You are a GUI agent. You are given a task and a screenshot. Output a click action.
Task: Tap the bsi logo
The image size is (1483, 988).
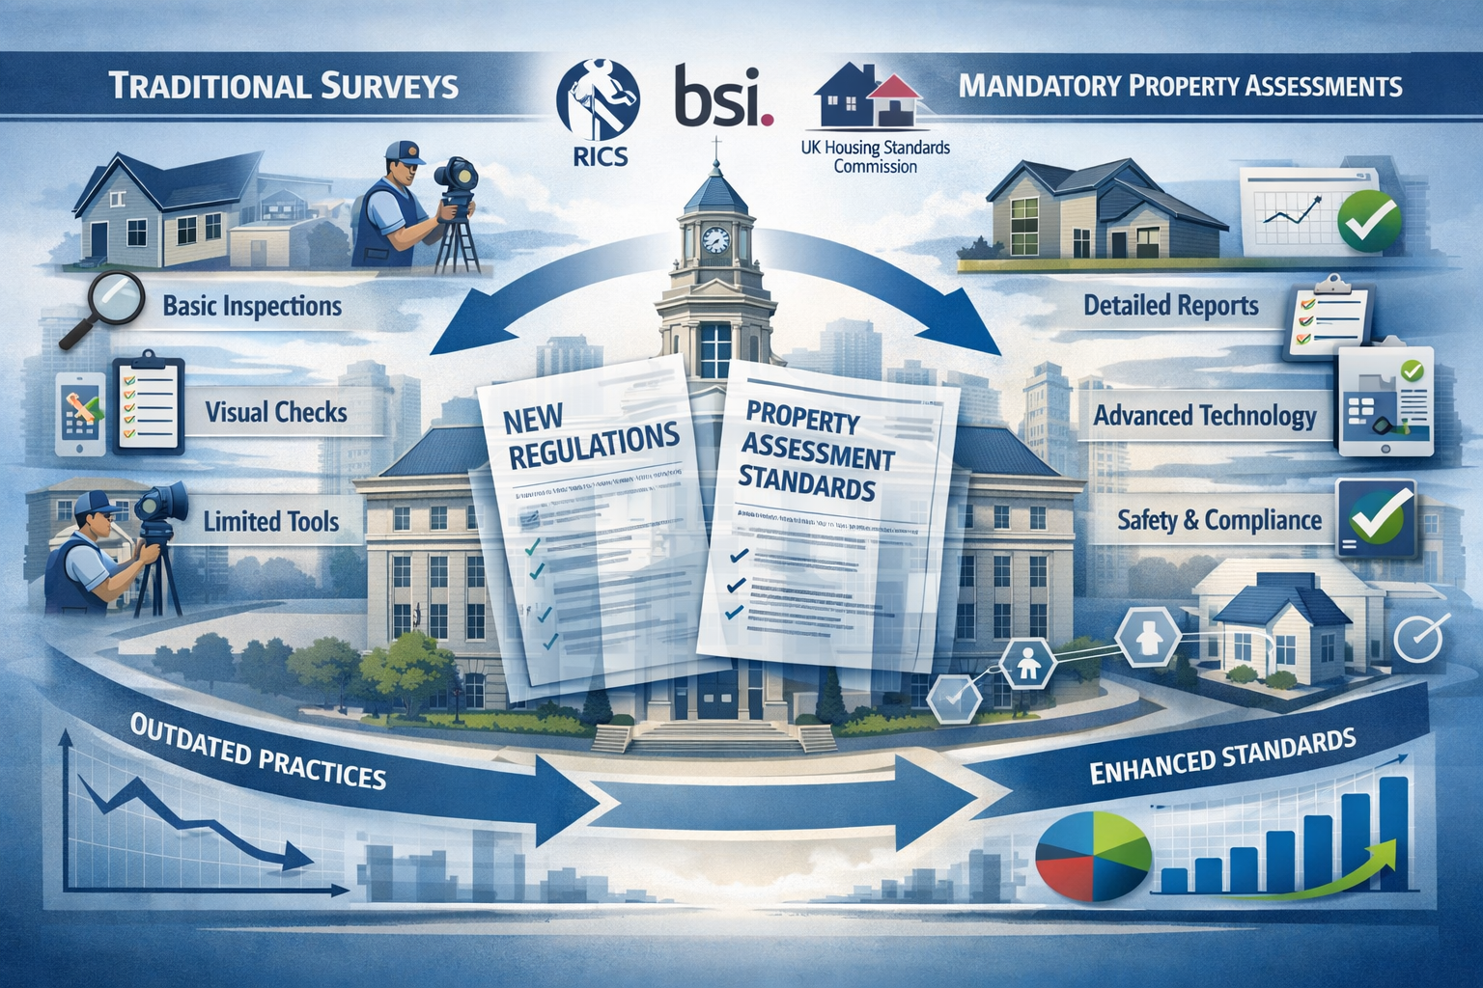pos(724,96)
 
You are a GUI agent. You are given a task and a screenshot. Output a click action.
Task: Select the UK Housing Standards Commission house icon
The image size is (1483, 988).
pos(868,96)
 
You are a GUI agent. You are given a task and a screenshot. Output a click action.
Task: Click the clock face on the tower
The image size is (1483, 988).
pos(715,239)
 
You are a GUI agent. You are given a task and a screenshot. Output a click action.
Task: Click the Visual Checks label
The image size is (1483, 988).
pos(276,412)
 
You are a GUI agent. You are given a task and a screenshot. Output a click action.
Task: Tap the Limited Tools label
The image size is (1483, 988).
pos(270,522)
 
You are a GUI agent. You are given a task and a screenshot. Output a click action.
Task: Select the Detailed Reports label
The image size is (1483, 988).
pos(1170,306)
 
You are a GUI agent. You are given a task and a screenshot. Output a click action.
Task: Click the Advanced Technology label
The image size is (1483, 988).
pos(1204,416)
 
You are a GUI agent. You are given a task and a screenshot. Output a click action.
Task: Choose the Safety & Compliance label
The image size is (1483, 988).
pos(1218,521)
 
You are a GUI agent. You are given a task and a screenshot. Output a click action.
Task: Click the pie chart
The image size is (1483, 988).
pos(1093,852)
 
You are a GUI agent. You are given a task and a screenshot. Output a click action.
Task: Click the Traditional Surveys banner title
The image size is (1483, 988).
pos(283,86)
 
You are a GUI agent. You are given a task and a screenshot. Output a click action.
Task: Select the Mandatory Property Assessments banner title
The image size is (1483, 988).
pos(1180,86)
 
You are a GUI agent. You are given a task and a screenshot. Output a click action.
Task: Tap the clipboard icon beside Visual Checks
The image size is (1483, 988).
pos(148,405)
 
